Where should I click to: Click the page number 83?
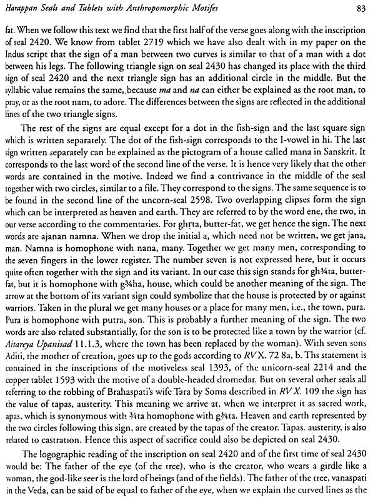tap(359, 8)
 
